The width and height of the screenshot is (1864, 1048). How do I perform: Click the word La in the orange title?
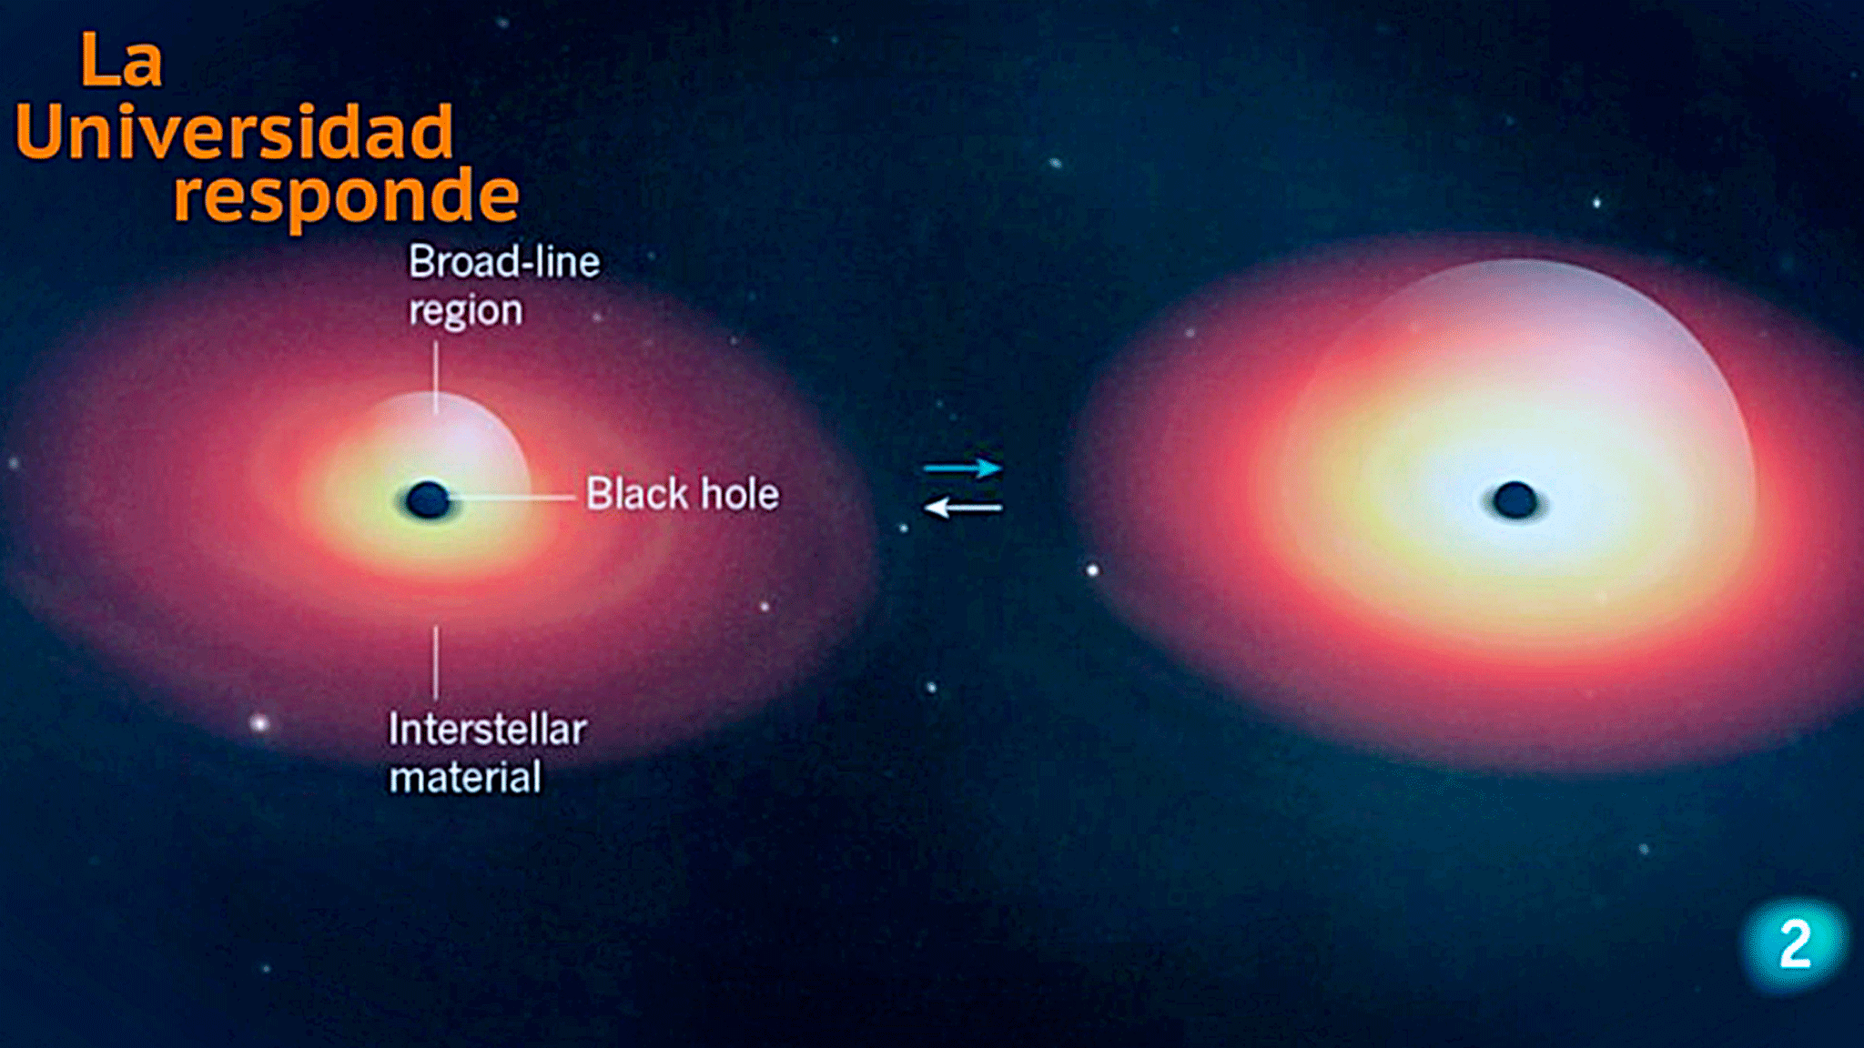(x=122, y=61)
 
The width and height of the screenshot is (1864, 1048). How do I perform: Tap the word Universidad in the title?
(x=234, y=132)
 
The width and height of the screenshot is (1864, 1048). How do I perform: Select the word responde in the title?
(x=347, y=196)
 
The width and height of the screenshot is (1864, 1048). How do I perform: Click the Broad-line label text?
(x=504, y=262)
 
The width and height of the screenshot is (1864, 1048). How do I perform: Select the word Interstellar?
(x=487, y=730)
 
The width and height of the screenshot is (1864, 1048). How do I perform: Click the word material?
(x=465, y=778)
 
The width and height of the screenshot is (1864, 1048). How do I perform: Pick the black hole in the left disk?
(x=428, y=499)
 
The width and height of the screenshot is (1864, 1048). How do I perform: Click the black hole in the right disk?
(x=1515, y=500)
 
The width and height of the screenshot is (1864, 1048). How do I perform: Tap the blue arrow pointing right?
(x=963, y=469)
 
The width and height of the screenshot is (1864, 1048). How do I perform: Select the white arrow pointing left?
(x=963, y=508)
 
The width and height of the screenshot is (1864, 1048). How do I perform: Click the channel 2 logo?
(x=1794, y=943)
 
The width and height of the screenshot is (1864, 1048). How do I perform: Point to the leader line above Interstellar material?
(x=436, y=662)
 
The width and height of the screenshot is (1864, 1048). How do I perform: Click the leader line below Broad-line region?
(x=436, y=377)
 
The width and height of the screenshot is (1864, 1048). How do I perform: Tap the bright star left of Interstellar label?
(x=259, y=723)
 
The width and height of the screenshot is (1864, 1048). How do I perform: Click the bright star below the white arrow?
(x=1092, y=570)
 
